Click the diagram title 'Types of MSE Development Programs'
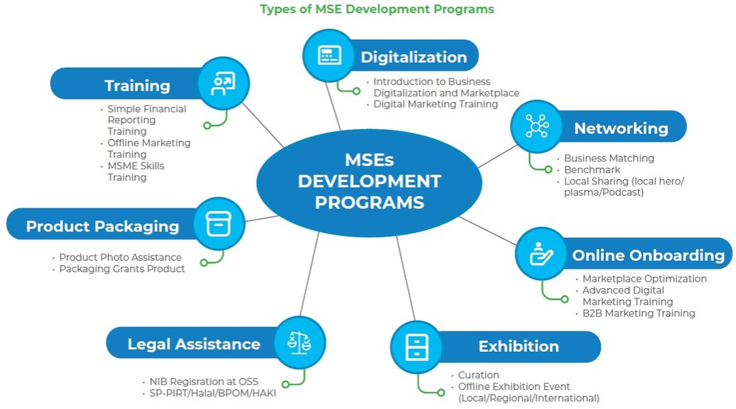376,10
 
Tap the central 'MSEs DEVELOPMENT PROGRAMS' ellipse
369,181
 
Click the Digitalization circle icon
329,55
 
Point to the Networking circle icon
536,126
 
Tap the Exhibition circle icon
416,346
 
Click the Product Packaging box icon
219,224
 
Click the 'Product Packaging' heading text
103,226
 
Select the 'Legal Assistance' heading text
193,344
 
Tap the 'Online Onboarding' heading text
648,255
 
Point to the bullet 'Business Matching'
609,158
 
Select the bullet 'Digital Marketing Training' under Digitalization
435,104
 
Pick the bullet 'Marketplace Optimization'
644,279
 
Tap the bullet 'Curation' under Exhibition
478,375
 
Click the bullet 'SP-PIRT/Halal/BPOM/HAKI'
212,393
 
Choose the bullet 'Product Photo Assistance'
120,257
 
